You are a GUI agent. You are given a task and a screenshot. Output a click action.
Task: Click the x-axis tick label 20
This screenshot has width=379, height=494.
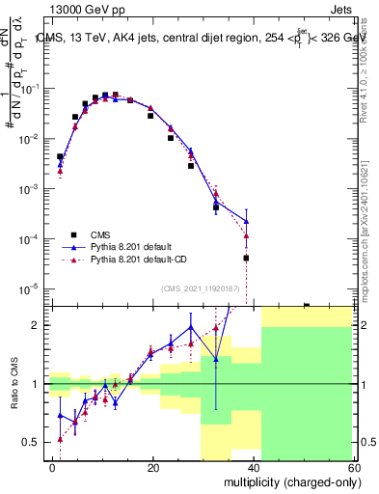[153, 467]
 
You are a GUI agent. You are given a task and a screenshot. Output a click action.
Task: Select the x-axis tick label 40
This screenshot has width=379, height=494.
[255, 467]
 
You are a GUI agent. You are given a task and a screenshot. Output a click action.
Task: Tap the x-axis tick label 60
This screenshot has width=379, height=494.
[355, 467]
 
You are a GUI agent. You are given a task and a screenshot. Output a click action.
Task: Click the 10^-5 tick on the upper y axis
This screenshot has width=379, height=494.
[35, 288]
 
